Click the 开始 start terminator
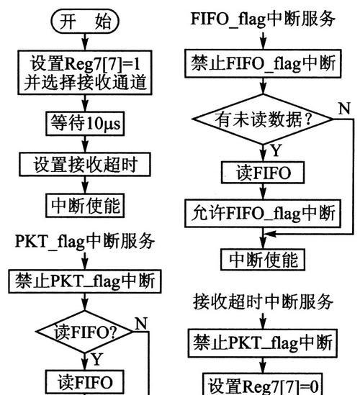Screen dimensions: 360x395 coord(85,21)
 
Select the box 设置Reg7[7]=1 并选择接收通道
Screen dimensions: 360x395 coord(85,73)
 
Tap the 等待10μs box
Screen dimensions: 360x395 coord(85,124)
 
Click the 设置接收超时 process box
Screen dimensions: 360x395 coord(85,164)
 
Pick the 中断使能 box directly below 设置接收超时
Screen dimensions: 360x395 coord(85,205)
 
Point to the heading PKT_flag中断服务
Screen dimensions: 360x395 coord(85,241)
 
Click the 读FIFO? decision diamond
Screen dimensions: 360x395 coord(85,332)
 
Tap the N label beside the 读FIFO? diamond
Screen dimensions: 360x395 coord(141,323)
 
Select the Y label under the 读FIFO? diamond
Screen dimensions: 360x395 coord(97,359)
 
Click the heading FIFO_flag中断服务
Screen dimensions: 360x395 coord(263,19)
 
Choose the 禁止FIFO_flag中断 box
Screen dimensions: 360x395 coord(263,63)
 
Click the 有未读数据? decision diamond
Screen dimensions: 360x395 coord(263,119)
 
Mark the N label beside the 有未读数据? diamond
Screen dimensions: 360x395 coord(345,109)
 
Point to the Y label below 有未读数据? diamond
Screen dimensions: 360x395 coord(276,150)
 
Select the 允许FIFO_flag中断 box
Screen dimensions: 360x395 coord(263,214)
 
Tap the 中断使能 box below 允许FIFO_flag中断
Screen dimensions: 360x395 coord(263,260)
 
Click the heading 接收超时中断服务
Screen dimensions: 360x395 coord(263,301)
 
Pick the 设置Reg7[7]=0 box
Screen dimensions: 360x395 coord(263,384)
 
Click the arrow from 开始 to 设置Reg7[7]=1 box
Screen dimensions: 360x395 coord(85,42)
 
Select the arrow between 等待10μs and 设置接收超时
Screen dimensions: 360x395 coord(85,144)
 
